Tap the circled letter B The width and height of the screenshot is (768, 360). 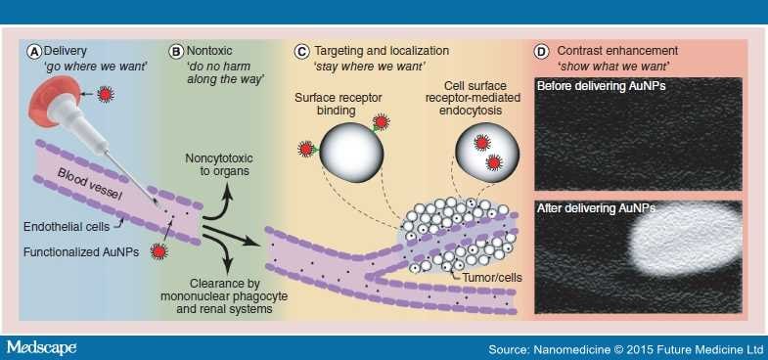tap(176, 50)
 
